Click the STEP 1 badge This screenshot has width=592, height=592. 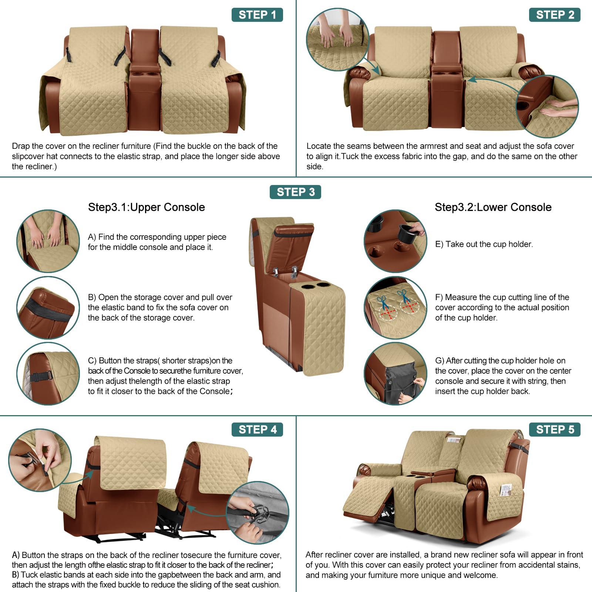tap(257, 15)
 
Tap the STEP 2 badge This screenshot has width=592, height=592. tap(555, 15)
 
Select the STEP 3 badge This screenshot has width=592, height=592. tap(295, 192)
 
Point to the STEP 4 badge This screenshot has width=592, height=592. tap(257, 430)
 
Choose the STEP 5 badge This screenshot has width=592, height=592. tap(555, 430)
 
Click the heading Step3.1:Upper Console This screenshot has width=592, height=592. tap(146, 207)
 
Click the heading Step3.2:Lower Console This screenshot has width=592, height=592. tap(493, 207)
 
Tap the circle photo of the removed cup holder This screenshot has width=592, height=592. tap(395, 241)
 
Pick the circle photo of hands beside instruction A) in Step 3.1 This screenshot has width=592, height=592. tap(48, 241)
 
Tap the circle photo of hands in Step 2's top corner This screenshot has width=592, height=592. tap(337, 40)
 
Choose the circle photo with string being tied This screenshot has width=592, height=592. tap(395, 374)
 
